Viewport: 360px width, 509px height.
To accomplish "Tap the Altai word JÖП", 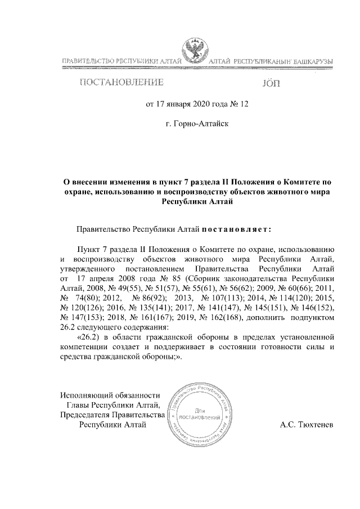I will pos(271,84).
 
